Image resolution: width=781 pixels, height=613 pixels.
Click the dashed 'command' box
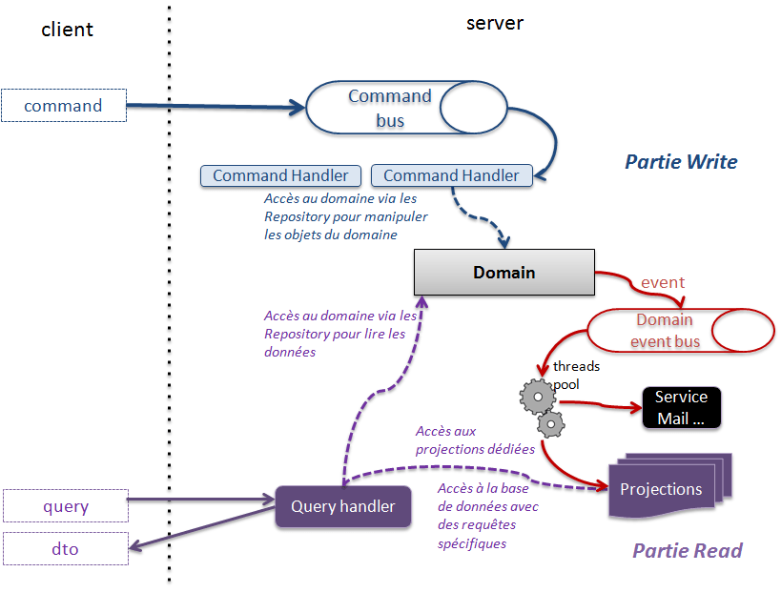(x=64, y=106)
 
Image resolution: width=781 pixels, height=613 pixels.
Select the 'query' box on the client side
(x=65, y=506)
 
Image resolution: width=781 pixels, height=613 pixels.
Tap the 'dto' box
(x=65, y=549)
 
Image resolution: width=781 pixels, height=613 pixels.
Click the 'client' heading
(x=68, y=30)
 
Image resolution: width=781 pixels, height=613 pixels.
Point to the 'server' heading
(x=494, y=23)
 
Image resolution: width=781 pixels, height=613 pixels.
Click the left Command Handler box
(x=280, y=175)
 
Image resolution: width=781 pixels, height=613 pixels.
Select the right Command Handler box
(x=451, y=175)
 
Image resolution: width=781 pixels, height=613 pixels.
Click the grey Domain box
(x=504, y=273)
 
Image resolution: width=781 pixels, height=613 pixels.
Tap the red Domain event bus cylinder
(x=680, y=330)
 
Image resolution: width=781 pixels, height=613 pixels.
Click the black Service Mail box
(x=681, y=407)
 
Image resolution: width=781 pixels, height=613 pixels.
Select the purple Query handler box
(x=342, y=506)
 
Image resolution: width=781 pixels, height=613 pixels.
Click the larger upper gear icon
(x=537, y=393)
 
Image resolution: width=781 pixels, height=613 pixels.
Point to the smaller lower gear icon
(x=550, y=423)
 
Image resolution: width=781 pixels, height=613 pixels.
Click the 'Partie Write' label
(x=680, y=162)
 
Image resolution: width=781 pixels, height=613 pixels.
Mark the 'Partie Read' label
(x=687, y=550)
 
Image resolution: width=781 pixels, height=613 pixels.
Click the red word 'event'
(x=663, y=282)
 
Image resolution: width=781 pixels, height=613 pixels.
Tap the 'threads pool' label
(x=575, y=375)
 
